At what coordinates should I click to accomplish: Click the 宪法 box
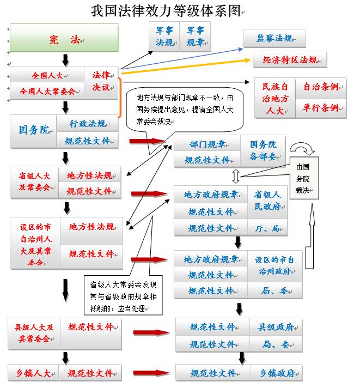tap(64, 40)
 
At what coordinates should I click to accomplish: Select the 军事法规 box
tap(164, 36)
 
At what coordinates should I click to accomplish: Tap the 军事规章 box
tap(196, 36)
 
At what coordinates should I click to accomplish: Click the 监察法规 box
tap(274, 38)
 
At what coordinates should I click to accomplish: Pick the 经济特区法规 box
tap(290, 59)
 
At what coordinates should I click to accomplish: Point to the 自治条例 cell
tap(324, 87)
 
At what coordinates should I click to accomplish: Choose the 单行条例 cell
tap(324, 107)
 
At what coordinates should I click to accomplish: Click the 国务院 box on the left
tap(34, 131)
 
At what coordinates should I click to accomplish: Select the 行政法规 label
tap(88, 123)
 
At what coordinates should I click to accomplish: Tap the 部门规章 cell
tap(208, 144)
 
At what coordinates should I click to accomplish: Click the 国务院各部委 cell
tap(263, 151)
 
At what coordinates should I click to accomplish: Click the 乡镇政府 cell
tap(277, 373)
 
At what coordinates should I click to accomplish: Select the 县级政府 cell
tap(277, 327)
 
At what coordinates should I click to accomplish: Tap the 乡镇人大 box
tap(33, 373)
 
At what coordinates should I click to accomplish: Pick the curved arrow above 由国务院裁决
tap(302, 149)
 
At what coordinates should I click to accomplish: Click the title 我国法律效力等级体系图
tap(166, 10)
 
